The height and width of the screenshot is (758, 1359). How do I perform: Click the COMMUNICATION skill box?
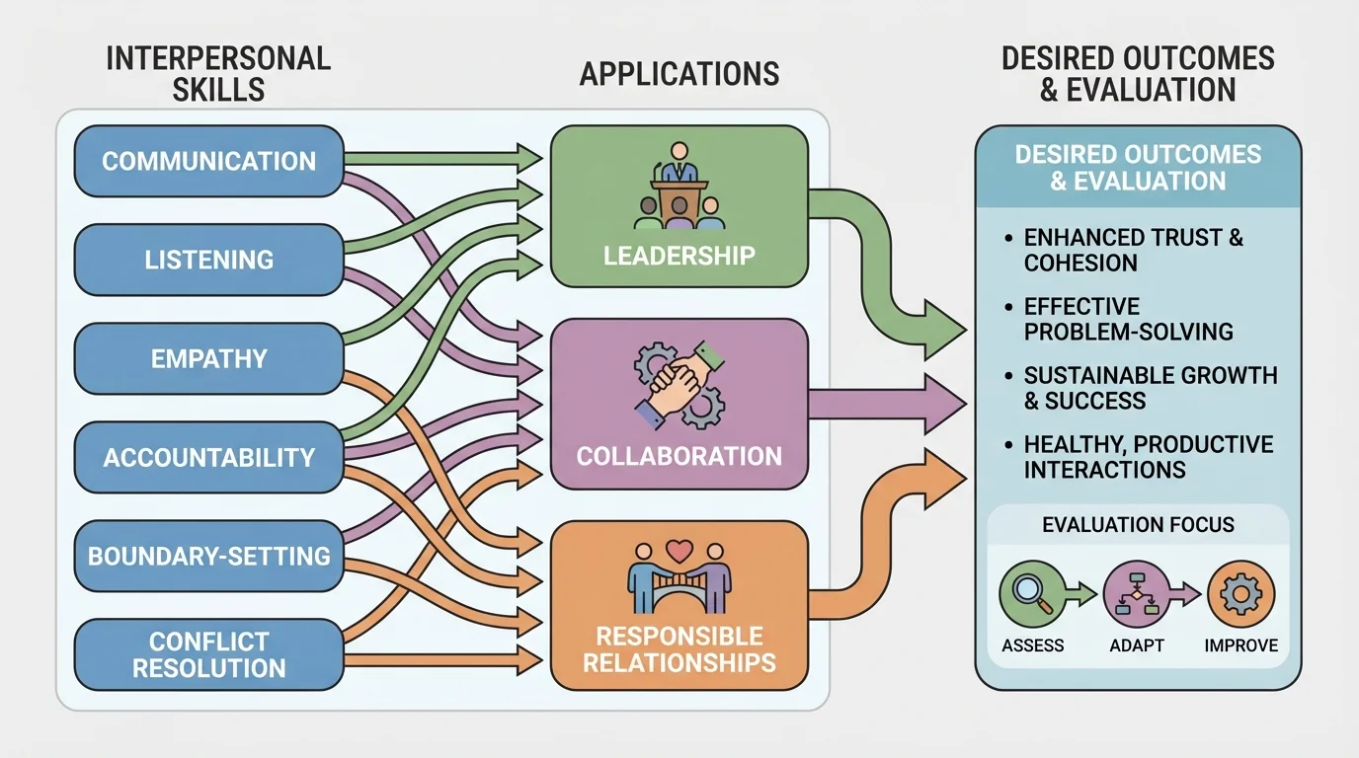tap(208, 161)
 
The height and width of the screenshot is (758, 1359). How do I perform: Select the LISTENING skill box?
tap(208, 260)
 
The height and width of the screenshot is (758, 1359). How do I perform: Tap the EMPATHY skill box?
tap(208, 358)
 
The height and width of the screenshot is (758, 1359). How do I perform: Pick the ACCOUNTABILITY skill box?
tap(208, 457)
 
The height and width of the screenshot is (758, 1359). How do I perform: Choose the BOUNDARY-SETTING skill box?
tap(208, 556)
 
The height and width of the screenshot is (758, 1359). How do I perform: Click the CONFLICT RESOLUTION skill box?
tap(208, 654)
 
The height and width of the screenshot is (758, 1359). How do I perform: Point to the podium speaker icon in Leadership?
tap(678, 189)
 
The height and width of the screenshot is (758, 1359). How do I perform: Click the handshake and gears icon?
tap(679, 384)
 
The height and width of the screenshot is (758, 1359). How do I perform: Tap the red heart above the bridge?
tap(678, 549)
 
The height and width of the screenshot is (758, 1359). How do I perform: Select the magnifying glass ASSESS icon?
tap(1033, 595)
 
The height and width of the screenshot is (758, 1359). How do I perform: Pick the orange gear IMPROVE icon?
tap(1240, 595)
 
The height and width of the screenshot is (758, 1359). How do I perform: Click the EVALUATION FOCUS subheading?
tap(1138, 524)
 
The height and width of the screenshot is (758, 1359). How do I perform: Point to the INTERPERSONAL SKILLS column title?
tap(217, 73)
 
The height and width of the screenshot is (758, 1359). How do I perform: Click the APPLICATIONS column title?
tap(679, 74)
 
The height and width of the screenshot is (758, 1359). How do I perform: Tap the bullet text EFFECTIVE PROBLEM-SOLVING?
tap(1128, 319)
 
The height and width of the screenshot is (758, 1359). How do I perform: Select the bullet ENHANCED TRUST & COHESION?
tap(1133, 250)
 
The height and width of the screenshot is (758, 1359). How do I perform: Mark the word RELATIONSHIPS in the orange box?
tap(679, 662)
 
